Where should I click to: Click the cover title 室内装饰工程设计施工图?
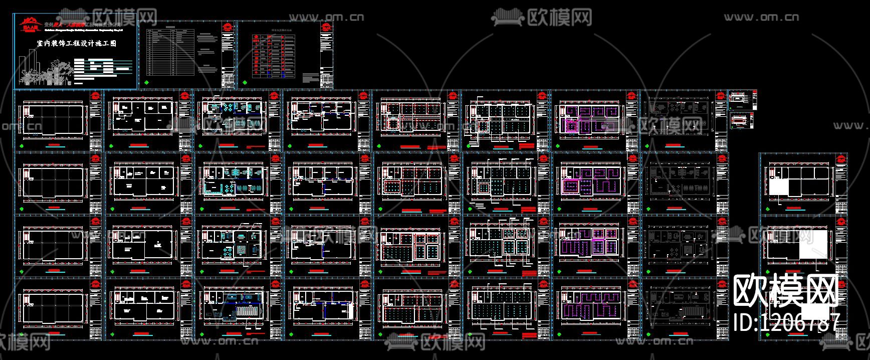click(77, 44)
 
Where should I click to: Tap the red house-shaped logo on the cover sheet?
click(31, 22)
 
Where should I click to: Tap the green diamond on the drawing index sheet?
click(146, 82)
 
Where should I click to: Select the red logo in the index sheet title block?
click(228, 27)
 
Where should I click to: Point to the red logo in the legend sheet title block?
click(326, 27)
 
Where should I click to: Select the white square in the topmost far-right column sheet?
click(778, 188)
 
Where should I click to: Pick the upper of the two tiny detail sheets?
click(741, 99)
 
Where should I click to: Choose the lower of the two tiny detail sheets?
click(741, 120)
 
